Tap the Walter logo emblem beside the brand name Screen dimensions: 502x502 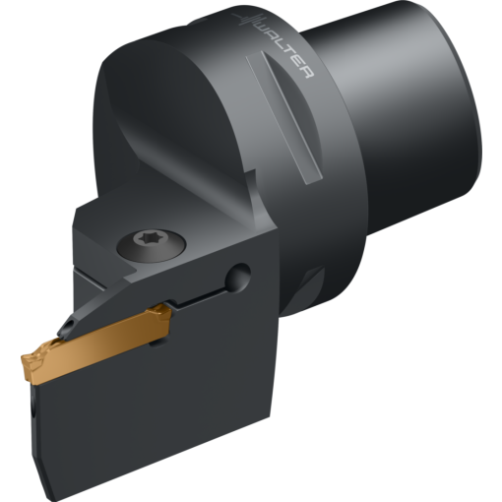point(242,21)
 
